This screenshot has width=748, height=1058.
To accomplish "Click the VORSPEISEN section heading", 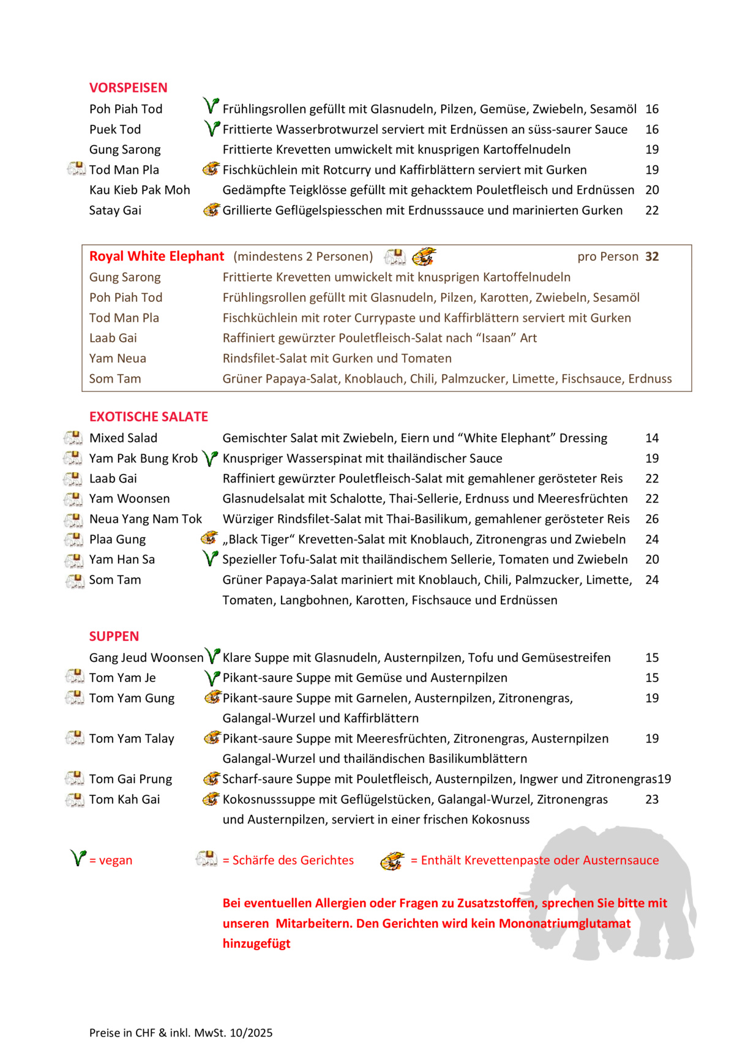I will (128, 88).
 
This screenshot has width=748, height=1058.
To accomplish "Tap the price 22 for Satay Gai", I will (652, 211).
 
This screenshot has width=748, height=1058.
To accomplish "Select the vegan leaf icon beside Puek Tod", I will (211, 129).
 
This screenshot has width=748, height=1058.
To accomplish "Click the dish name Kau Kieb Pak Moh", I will (140, 190).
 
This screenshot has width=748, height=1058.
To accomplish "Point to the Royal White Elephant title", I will (157, 257).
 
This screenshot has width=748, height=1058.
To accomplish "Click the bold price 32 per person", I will (652, 257).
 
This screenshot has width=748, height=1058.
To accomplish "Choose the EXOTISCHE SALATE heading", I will (149, 417).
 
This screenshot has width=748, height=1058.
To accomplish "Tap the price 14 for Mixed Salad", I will (652, 438).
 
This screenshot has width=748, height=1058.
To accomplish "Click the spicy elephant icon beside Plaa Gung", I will (73, 539).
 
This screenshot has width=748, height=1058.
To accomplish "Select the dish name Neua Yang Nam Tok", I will (146, 519).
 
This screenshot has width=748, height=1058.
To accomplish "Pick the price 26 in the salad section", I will (652, 519).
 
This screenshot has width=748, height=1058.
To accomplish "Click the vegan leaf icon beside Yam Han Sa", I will (211, 558).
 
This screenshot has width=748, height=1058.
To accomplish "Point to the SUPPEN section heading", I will (114, 636).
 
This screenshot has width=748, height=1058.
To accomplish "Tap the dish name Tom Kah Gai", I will (124, 800).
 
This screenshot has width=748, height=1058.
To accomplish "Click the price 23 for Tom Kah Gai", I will (652, 800).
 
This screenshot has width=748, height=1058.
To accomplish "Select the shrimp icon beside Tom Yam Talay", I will (212, 738).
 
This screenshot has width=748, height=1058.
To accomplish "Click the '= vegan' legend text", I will (111, 860).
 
